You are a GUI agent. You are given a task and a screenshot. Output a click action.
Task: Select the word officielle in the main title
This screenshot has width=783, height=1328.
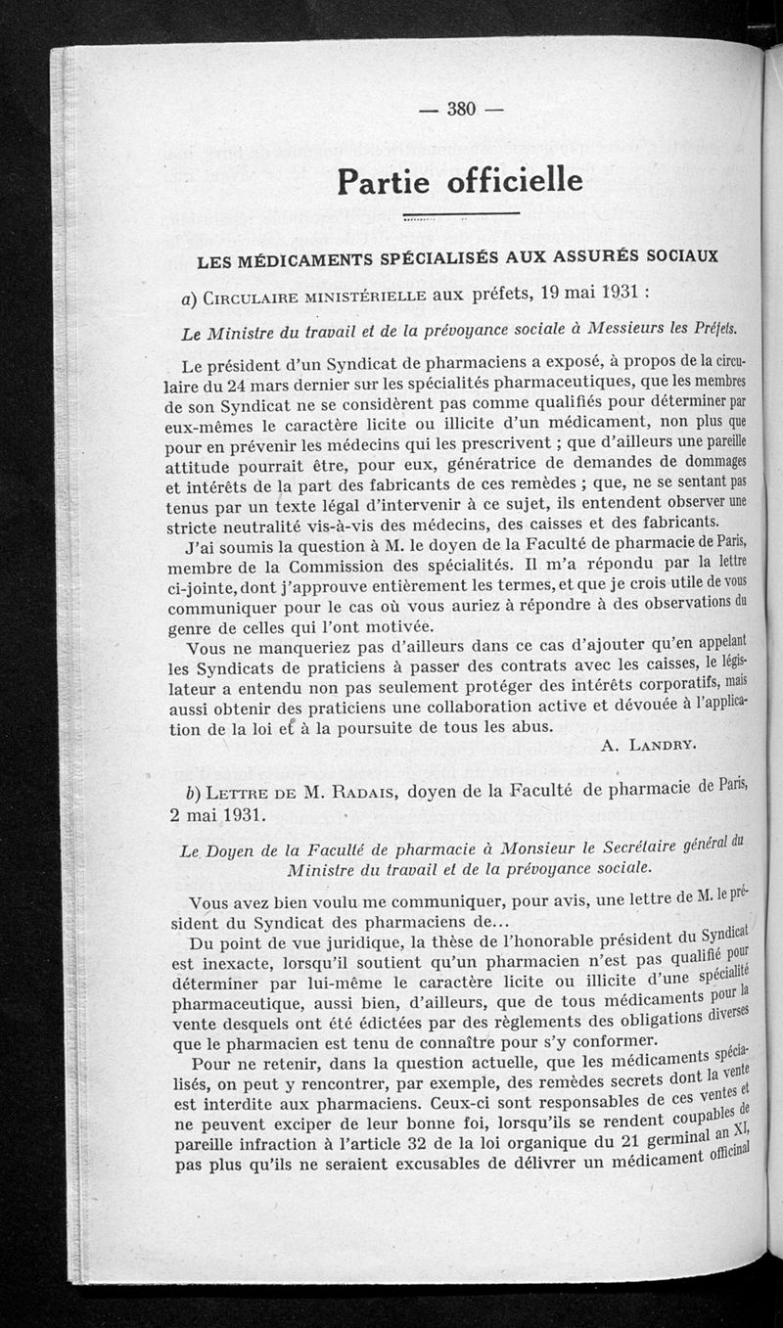coord(515,181)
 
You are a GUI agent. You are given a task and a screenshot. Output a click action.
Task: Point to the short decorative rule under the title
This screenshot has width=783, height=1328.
coord(460,214)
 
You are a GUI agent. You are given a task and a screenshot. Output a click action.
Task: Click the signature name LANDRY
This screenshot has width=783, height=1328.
coord(661,745)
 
